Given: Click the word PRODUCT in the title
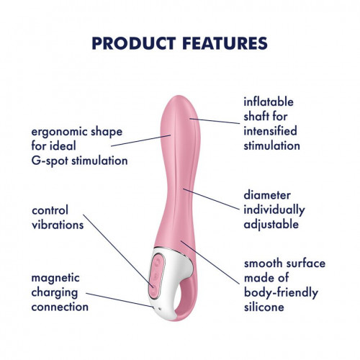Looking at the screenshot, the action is tap(134, 43).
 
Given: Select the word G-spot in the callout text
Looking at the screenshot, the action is tap(50, 161).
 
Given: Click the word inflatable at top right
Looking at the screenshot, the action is tap(269, 102).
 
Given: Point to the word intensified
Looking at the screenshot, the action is tap(270, 131).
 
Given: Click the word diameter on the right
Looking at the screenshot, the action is tap(267, 195).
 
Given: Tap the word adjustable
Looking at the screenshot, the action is tap(271, 225).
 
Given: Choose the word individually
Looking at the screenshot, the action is tap(274, 210).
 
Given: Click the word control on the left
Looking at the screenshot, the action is tap(50, 210).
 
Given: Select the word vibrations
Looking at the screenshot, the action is tap(58, 225).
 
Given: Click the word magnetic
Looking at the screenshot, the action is tap(55, 279).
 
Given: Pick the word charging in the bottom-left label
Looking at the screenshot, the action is tap(55, 293).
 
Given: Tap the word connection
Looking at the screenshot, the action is tap(60, 307).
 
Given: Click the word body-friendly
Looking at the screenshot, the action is tap(281, 293).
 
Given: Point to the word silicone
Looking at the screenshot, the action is tap(264, 307).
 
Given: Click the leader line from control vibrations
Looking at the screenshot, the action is tap(119, 251).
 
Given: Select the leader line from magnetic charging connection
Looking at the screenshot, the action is tap(120, 300).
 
